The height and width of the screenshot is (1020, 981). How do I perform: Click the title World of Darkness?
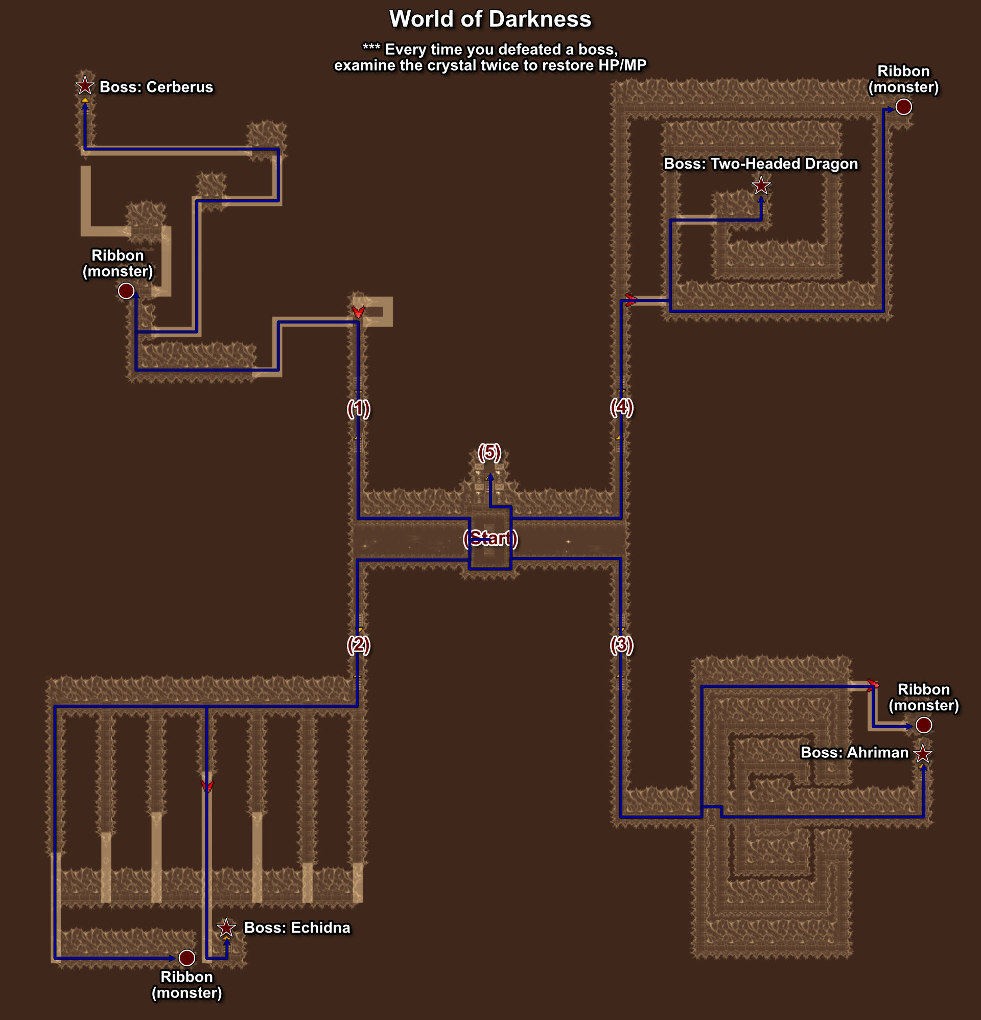tap(490, 19)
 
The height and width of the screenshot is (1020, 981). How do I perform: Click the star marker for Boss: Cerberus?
tap(85, 86)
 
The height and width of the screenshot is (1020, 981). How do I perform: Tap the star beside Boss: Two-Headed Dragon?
tap(761, 186)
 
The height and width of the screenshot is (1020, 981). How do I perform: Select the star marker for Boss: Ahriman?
tap(923, 754)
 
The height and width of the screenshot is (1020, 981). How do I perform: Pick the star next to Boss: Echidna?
tap(226, 928)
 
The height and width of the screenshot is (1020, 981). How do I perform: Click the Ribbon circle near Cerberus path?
tap(126, 291)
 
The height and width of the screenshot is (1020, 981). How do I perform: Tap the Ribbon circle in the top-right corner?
tap(903, 107)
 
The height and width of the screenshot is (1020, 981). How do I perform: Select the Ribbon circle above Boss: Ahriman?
tap(924, 725)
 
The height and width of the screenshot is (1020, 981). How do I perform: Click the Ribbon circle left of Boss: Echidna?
tap(187, 958)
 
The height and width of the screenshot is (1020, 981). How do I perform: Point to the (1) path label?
tap(359, 408)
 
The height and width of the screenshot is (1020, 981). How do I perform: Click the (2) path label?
tap(359, 645)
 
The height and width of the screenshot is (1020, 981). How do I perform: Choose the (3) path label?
tap(621, 645)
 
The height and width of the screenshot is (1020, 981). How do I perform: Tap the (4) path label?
tap(621, 407)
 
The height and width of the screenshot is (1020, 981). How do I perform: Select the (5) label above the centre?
tap(489, 452)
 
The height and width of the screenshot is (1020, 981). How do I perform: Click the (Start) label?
tap(490, 539)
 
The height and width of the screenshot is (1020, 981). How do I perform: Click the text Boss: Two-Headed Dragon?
tap(761, 164)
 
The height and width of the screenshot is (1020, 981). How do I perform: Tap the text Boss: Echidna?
tap(297, 928)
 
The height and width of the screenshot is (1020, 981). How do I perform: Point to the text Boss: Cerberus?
tap(156, 87)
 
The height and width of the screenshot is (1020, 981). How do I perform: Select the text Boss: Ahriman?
tap(854, 753)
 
